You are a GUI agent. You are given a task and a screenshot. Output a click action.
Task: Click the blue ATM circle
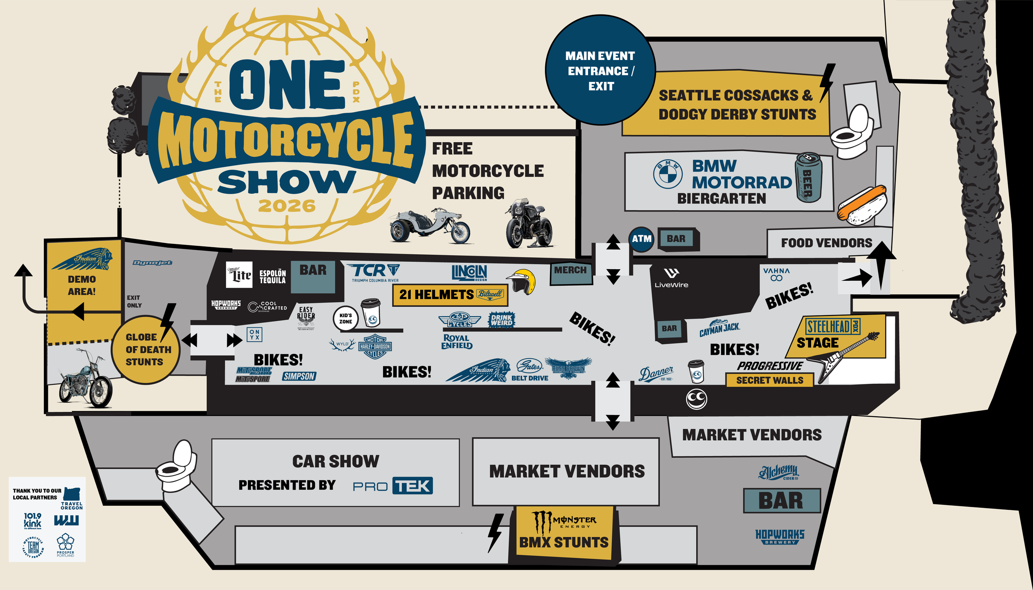pyautogui.click(x=641, y=239)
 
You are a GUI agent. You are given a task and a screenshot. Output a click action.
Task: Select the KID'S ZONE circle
pyautogui.click(x=345, y=318)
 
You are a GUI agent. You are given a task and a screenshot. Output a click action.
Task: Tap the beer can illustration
pyautogui.click(x=808, y=178)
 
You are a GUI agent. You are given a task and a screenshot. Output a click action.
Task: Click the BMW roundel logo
pyautogui.click(x=667, y=174)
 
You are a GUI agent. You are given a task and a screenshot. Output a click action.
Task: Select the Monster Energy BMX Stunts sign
pyautogui.click(x=564, y=533)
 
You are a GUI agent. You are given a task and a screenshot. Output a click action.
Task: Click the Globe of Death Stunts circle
pyautogui.click(x=145, y=349)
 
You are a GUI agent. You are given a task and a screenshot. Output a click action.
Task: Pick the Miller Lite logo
pyautogui.click(x=239, y=275)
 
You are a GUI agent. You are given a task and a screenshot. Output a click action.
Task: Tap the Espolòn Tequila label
pyautogui.click(x=272, y=277)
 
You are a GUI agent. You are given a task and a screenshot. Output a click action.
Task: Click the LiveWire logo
pyautogui.click(x=671, y=278)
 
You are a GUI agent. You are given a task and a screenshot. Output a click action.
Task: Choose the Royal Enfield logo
pyautogui.click(x=457, y=342)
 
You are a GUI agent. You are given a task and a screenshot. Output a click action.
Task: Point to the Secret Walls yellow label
pyautogui.click(x=769, y=380)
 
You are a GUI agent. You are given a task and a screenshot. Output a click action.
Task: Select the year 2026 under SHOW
pyautogui.click(x=287, y=206)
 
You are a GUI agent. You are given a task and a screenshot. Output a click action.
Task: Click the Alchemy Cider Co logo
pyautogui.click(x=778, y=472)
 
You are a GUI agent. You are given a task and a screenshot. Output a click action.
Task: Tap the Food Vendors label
pyautogui.click(x=826, y=243)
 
